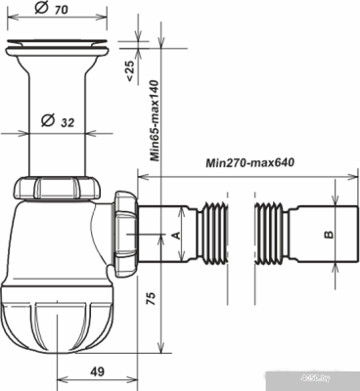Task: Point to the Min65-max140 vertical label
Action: pyautogui.click(x=154, y=120)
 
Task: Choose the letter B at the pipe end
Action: pyautogui.click(x=329, y=235)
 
